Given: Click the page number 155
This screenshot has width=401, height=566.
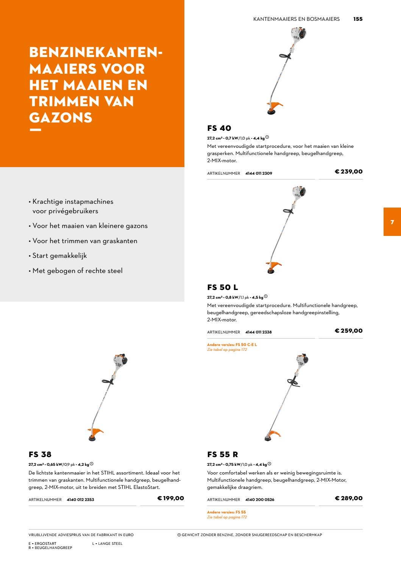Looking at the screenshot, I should [358, 19].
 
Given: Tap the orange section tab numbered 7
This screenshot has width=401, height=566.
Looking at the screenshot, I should [392, 222].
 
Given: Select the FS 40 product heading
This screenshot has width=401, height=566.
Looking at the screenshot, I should [219, 128].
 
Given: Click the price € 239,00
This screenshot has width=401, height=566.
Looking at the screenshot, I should [349, 172].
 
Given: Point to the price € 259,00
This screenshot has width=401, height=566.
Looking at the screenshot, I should [349, 331].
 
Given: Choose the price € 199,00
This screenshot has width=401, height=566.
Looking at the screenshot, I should [171, 498].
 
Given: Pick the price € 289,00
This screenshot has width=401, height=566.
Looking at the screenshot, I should [349, 498].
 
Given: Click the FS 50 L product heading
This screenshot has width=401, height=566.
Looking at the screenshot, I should [222, 287].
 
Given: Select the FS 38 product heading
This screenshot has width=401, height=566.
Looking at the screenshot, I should [40, 454].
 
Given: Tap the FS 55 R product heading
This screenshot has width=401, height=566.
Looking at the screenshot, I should [222, 454].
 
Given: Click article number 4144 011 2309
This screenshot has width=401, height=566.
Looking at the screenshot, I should [259, 173].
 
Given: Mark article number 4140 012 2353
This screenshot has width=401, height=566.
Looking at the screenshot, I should [80, 499].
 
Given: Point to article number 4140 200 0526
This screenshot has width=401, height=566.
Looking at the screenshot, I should [260, 499].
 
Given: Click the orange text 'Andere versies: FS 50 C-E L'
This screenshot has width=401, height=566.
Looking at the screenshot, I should [232, 344].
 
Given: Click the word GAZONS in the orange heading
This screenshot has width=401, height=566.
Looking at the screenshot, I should [61, 118].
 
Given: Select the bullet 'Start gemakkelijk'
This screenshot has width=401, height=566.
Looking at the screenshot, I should [59, 256].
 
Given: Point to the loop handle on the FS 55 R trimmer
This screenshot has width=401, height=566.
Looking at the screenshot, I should [293, 383].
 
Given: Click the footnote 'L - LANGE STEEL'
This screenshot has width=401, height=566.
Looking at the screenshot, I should [107, 544].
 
